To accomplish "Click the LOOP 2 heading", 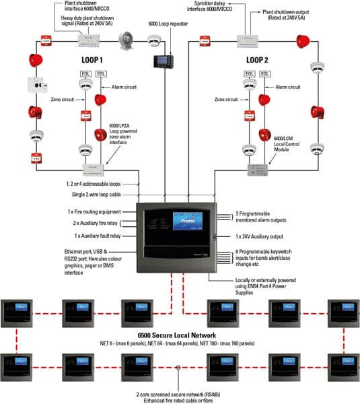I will tap(257, 59).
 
